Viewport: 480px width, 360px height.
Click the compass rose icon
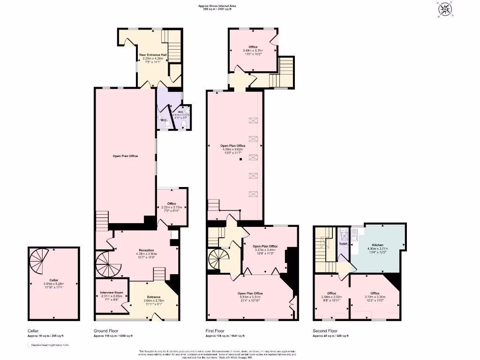[x=443, y=9]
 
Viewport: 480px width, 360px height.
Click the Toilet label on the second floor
[x=343, y=244]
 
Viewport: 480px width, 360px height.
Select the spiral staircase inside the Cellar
[x=39, y=261]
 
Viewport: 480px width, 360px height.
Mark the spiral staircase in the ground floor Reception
[x=108, y=262]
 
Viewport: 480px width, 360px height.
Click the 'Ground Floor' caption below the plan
[x=103, y=331]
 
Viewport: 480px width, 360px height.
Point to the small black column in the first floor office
[x=240, y=160]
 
